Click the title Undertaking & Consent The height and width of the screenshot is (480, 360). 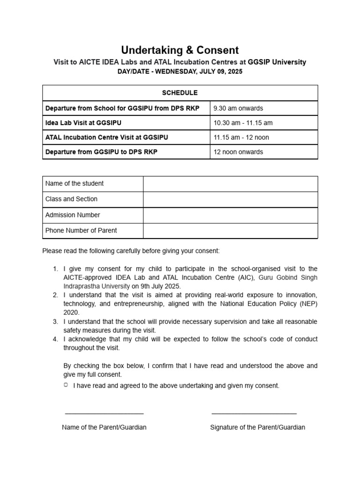coord(180,50)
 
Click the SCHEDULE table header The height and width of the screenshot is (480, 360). coord(180,93)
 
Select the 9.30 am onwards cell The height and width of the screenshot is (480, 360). coord(238,108)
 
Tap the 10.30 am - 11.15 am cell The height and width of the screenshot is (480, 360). coord(243,123)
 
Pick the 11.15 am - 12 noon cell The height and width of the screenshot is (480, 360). coord(241,137)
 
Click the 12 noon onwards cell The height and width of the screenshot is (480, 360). coord(238,152)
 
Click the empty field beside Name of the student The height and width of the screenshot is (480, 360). coord(230,184)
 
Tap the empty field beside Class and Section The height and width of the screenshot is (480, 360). coord(230,199)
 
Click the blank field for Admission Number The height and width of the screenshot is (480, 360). coord(230,215)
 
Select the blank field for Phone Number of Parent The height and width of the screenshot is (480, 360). coord(230,231)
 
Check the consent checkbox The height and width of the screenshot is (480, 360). coord(66,385)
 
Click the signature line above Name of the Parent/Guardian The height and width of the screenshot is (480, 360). coord(104,413)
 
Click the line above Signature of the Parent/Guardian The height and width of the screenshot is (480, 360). coord(254,413)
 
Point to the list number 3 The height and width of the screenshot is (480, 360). coord(55,322)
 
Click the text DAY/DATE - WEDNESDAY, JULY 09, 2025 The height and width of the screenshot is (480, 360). coord(180,71)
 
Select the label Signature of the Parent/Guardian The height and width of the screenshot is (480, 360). coord(257,427)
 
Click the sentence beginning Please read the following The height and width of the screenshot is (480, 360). coord(131,251)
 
